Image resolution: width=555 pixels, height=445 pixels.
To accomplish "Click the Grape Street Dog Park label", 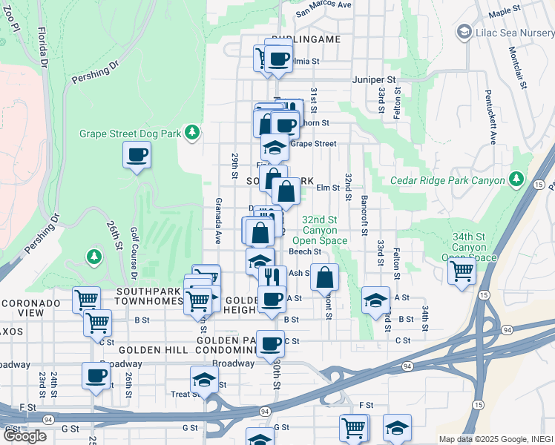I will pos(131,134).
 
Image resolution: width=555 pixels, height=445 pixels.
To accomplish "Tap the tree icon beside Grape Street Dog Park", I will pos(192,132).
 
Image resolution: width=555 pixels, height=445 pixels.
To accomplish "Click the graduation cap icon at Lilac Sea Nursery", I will pos(464,31).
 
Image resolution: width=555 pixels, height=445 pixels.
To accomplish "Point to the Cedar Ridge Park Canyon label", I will pos(448,180).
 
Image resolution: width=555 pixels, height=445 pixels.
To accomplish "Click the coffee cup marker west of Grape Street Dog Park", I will pos(137,156).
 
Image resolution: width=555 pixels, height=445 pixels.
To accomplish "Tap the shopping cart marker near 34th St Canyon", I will pos(462,272).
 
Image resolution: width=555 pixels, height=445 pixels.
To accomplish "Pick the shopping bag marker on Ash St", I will pos(325,278).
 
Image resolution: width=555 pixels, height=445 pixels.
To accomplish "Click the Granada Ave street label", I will pos(219,220).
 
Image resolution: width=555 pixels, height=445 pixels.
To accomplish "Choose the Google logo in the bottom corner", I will pos(24,436).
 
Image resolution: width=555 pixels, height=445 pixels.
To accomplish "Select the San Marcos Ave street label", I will pos(324,7).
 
